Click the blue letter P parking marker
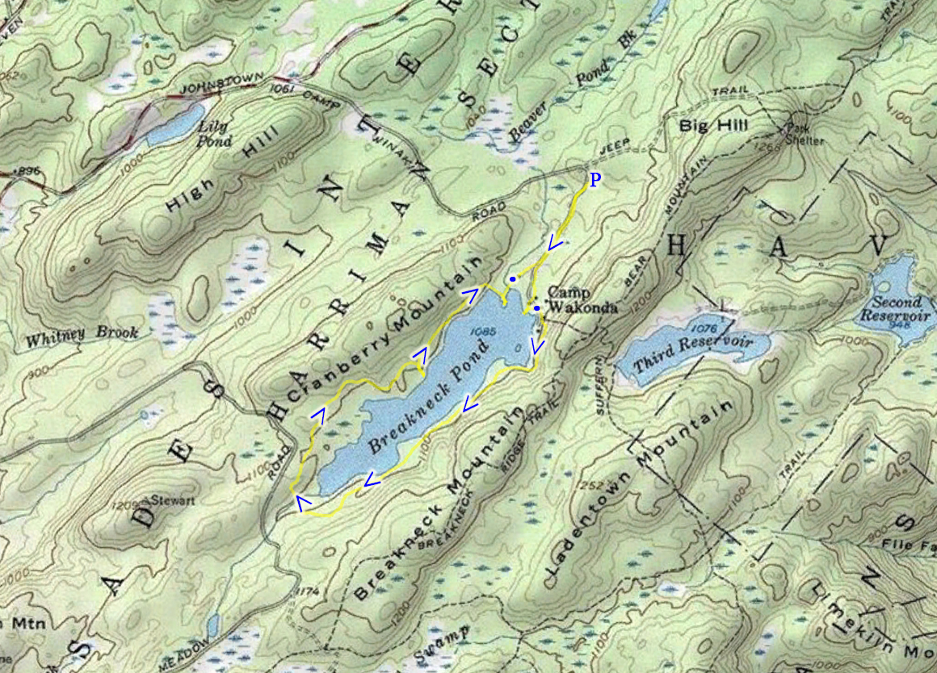[x=594, y=180]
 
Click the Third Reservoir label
[x=692, y=353]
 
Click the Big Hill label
[x=714, y=126]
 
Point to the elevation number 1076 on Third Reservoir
[x=704, y=328]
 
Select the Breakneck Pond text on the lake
[x=430, y=395]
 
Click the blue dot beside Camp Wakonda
[x=536, y=307]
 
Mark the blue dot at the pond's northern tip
[x=512, y=279]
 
